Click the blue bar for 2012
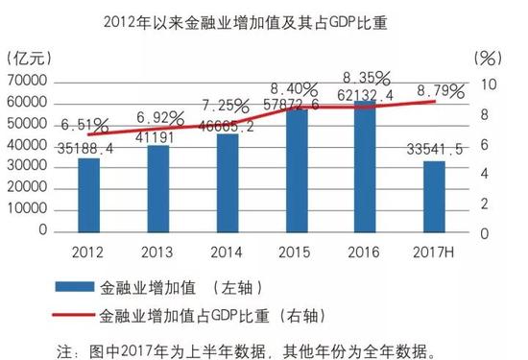point(89,196)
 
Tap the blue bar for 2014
point(228,183)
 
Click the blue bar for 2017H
point(435,198)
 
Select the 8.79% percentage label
point(438,91)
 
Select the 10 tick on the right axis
point(488,84)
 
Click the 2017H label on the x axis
point(436,252)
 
